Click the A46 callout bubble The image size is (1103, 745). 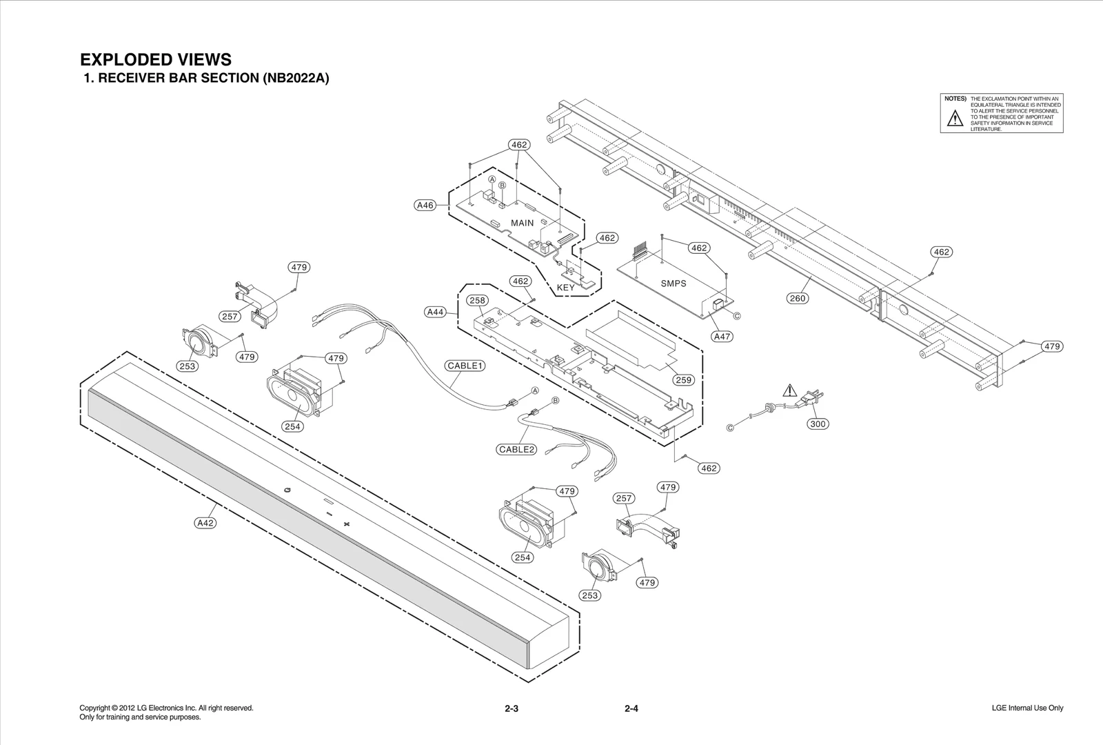coord(425,205)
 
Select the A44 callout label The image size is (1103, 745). coord(435,312)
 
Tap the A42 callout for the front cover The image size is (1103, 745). coord(205,523)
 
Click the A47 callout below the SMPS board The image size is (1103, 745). coord(722,337)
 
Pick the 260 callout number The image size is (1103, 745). coord(797,298)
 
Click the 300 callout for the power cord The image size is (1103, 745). coord(818,424)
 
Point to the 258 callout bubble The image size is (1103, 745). coord(477,300)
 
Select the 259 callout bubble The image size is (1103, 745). coord(683,379)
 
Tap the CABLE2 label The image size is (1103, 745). coord(517,449)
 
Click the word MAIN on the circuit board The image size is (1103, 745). coord(522,223)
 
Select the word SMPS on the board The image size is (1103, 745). coord(673,284)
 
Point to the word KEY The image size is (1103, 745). coord(565,287)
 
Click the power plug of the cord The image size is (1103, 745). coord(811,397)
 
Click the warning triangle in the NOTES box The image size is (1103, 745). coord(954,119)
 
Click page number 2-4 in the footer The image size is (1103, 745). coord(631,708)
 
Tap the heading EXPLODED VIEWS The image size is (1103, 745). coord(156,59)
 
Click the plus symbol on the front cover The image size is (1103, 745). coord(347,524)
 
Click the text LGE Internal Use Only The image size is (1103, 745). coord(1027,708)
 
